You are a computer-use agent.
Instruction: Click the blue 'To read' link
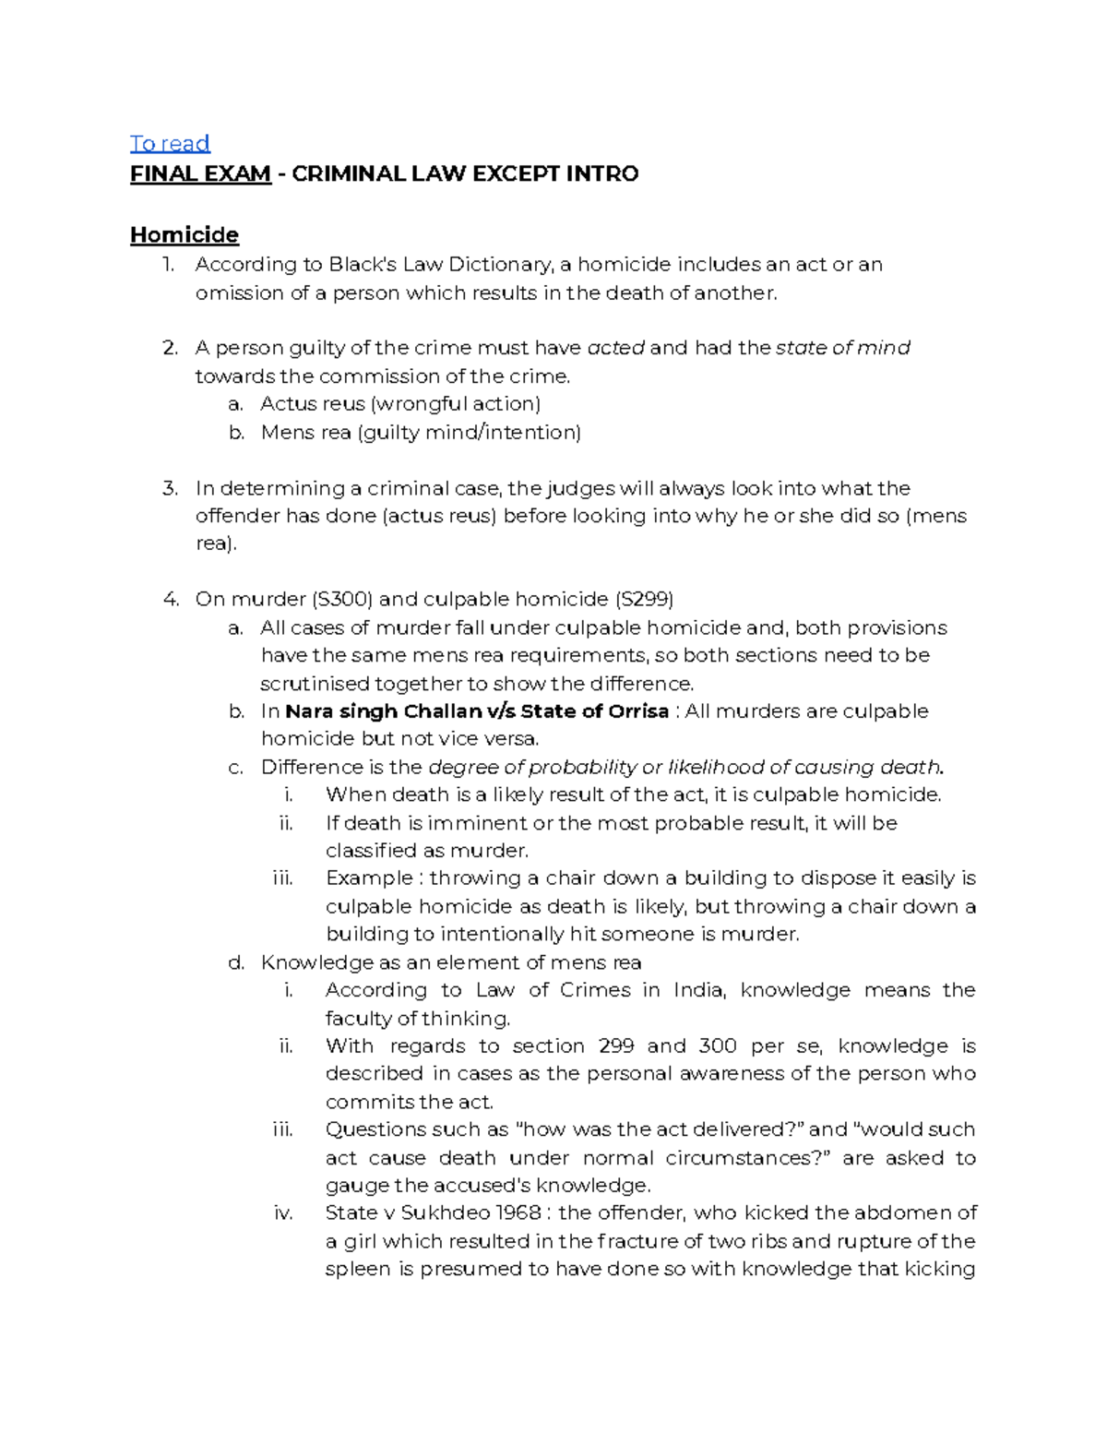click(x=170, y=143)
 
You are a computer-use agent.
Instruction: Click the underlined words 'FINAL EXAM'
click(x=200, y=173)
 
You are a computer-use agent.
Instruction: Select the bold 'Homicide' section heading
click(x=184, y=234)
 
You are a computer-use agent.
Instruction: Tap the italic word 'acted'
click(x=615, y=348)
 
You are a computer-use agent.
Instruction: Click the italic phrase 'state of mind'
click(x=842, y=348)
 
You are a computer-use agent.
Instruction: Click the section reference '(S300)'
click(x=342, y=599)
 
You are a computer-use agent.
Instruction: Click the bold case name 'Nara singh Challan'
click(x=383, y=711)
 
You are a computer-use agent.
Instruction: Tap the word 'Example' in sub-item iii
click(x=369, y=878)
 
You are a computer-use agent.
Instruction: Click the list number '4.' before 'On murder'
click(x=171, y=599)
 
